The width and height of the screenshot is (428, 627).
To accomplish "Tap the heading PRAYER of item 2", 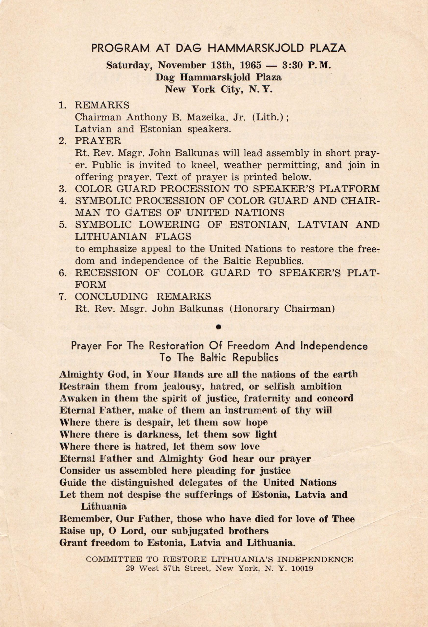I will pyautogui.click(x=98, y=141).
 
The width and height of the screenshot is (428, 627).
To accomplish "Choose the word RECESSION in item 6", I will pyautogui.click(x=106, y=273).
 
